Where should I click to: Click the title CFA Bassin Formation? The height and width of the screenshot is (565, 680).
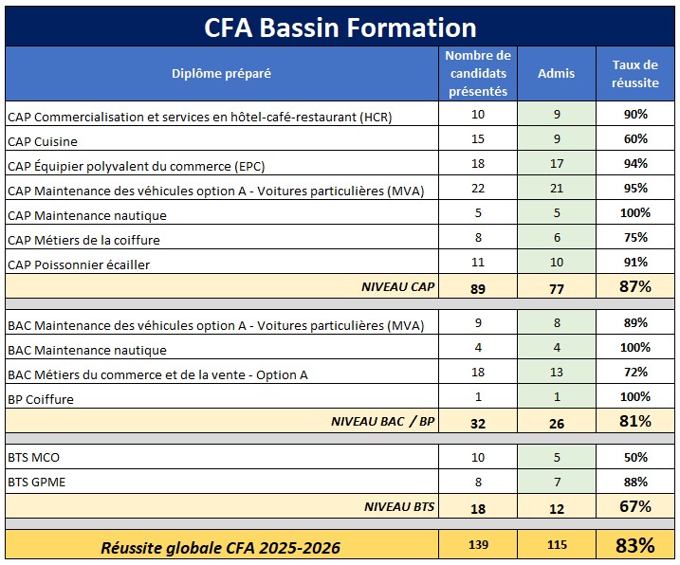click(x=340, y=27)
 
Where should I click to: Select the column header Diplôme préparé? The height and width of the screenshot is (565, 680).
click(x=221, y=74)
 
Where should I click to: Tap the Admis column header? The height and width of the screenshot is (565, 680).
click(x=557, y=73)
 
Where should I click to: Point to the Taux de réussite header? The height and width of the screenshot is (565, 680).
click(x=635, y=74)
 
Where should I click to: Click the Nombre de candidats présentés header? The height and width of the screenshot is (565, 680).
click(x=478, y=73)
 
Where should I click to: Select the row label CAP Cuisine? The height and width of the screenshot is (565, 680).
click(x=43, y=142)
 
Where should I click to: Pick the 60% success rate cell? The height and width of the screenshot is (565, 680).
click(x=635, y=138)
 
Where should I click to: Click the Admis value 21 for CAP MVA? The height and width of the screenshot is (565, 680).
click(x=557, y=189)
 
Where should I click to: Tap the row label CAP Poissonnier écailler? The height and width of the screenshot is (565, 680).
click(x=79, y=264)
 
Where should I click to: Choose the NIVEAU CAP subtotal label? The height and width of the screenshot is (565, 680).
click(x=398, y=286)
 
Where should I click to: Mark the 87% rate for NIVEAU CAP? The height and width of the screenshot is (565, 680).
click(x=635, y=286)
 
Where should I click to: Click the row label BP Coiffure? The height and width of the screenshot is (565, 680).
click(x=41, y=399)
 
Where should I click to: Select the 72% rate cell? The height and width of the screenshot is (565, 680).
click(x=635, y=372)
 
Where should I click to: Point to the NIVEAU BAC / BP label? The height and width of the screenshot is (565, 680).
click(x=383, y=422)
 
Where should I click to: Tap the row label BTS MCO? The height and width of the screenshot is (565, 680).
click(x=33, y=458)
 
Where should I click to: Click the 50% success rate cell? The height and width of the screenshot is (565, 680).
click(x=635, y=457)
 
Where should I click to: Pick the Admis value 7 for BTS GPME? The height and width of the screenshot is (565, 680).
click(x=558, y=482)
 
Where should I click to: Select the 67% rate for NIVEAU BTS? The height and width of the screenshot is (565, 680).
click(x=635, y=506)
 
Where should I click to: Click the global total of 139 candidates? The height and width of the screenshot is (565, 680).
click(x=478, y=545)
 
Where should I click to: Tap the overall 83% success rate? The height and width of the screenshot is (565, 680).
click(x=635, y=545)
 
